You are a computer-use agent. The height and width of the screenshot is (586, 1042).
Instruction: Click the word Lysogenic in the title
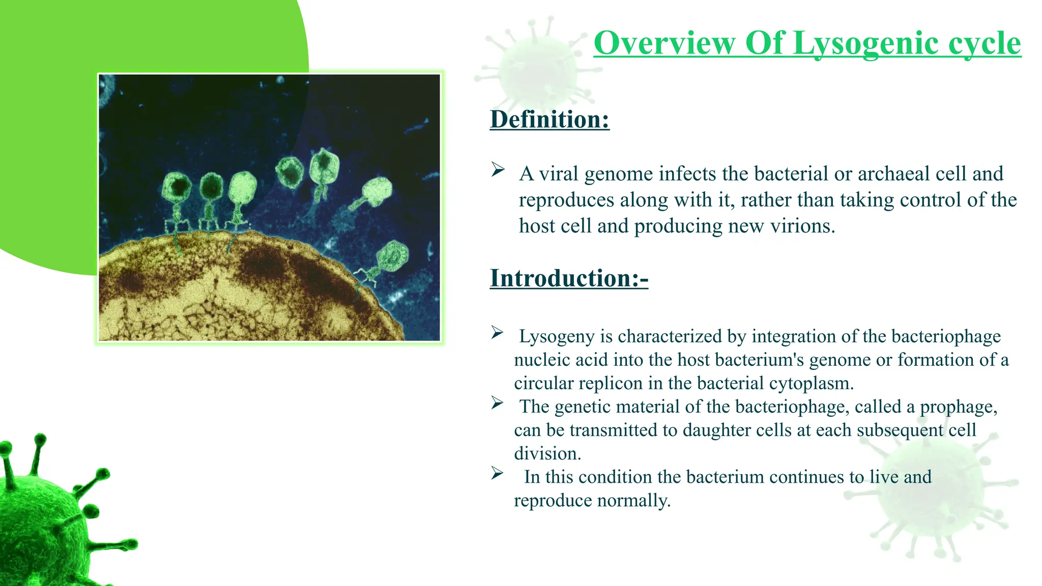(865, 44)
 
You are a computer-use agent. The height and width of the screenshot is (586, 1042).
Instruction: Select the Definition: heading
(549, 120)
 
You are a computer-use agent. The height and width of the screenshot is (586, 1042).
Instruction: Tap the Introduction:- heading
(569, 278)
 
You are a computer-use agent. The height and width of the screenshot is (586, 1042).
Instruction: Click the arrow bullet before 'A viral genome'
(498, 169)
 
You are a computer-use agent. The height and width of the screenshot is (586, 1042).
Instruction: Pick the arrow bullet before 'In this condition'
(497, 473)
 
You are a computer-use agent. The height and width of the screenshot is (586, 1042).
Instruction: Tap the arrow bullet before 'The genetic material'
(497, 403)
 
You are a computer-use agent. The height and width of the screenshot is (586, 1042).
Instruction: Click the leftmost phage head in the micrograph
(177, 187)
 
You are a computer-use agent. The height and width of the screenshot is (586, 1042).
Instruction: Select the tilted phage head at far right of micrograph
(378, 191)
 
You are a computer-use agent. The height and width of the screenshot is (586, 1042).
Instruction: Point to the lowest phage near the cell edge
(392, 256)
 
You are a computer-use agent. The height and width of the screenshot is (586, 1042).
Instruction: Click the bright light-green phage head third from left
(243, 188)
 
